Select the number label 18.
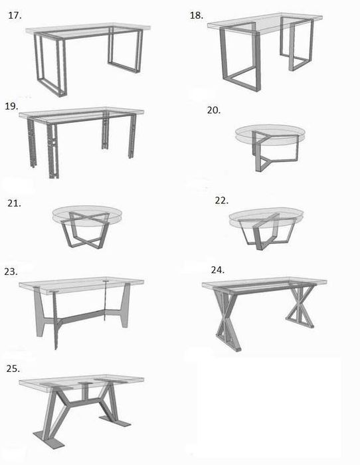click(196, 14)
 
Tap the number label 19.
click(11, 105)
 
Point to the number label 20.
click(213, 110)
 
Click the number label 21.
click(14, 203)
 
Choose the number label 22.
click(222, 200)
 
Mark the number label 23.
click(11, 271)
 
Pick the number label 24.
click(217, 270)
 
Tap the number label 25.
click(12, 367)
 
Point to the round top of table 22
click(265, 219)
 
